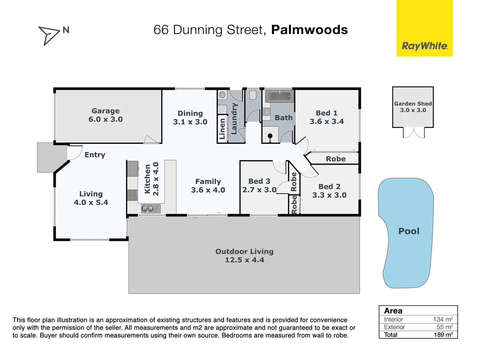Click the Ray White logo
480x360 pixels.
pos(425,46)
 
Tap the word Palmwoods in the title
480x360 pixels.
pos(309,30)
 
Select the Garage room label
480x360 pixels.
pos(105,111)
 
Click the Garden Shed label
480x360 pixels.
pos(413,104)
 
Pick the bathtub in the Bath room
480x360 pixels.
pos(279,97)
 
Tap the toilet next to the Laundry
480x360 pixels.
pos(253,95)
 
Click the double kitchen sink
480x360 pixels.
pos(148,209)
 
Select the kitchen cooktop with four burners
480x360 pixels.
pos(132,195)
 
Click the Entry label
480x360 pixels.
pos(95,155)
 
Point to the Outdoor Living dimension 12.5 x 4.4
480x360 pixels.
pos(244,260)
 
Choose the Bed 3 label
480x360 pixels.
pos(259,181)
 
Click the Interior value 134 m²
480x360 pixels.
pos(443,319)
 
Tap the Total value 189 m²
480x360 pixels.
pos(443,335)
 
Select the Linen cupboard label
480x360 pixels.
pos(222,129)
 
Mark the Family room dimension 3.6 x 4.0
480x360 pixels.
pos(208,190)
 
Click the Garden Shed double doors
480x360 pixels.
pos(414,133)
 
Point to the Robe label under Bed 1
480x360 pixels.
pos(336,159)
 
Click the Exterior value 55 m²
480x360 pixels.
pos(444,327)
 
